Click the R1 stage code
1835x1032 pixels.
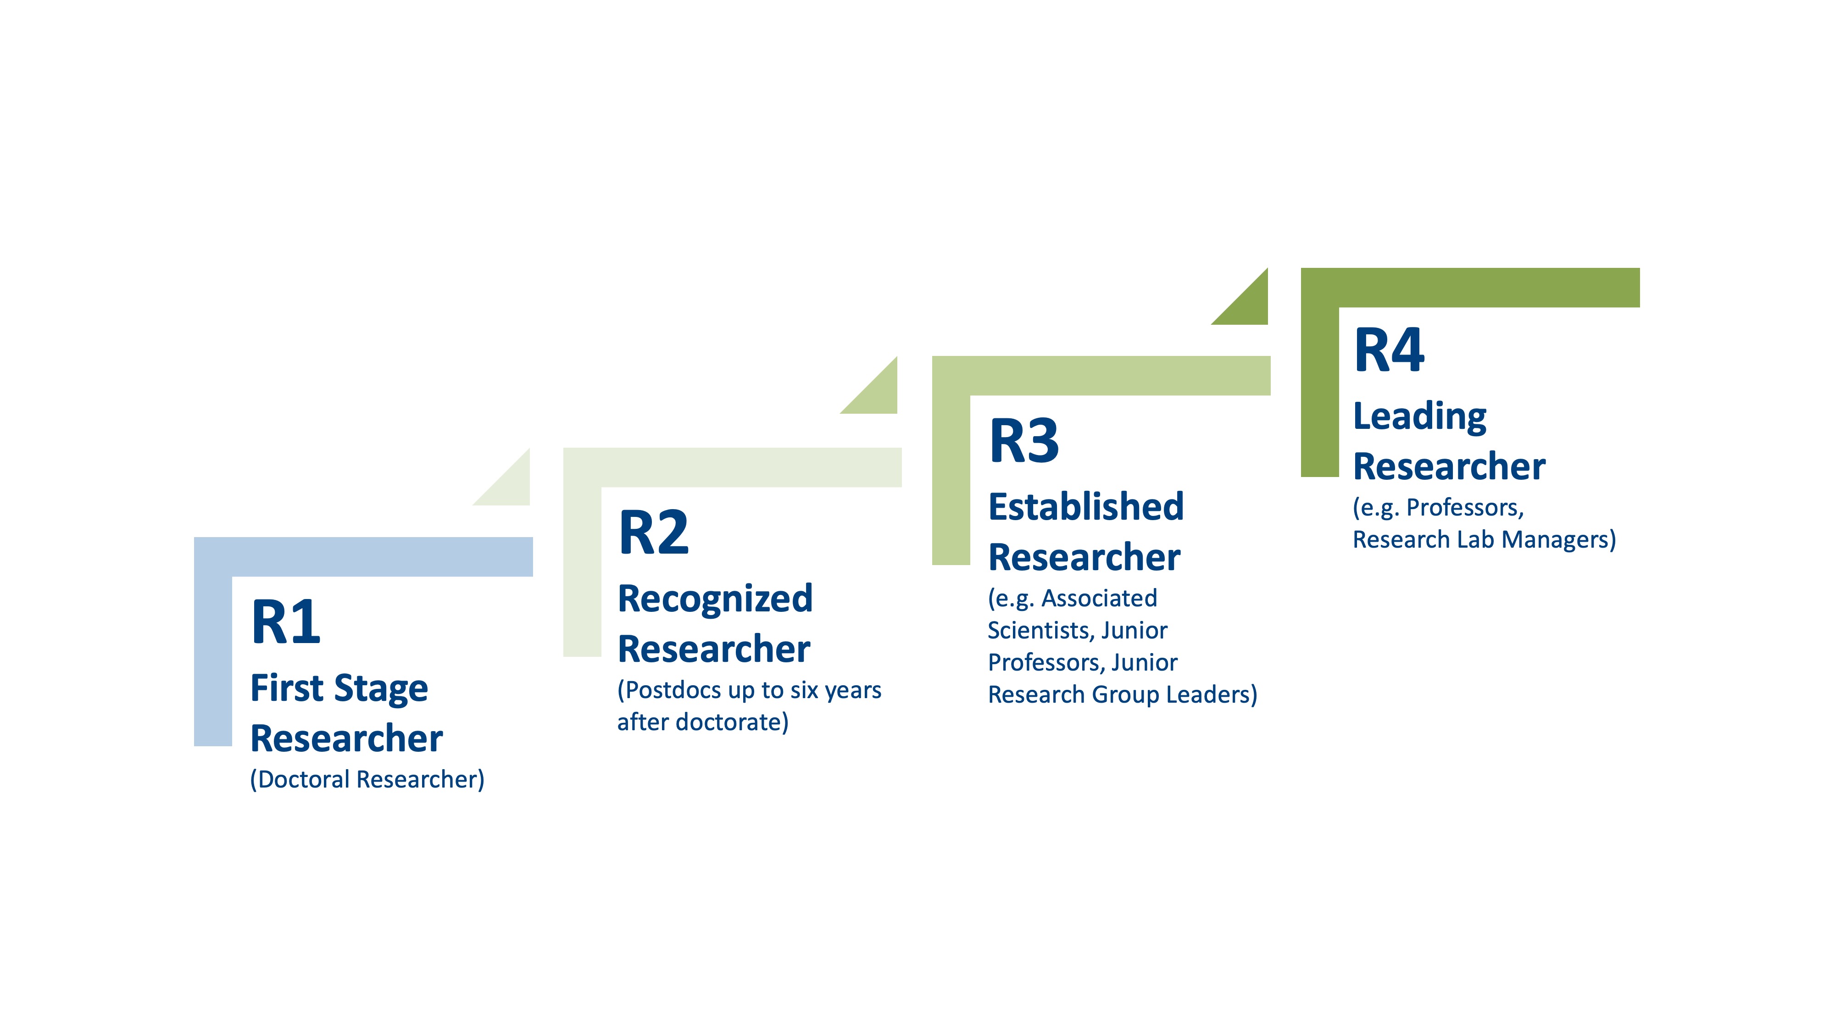click(x=286, y=622)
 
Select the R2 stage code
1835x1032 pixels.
click(x=654, y=532)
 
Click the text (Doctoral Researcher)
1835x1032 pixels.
click(x=367, y=779)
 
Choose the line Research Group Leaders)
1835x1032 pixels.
click(x=1123, y=694)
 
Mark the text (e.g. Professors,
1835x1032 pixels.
click(x=1438, y=508)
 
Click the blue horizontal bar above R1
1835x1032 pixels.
click(x=363, y=557)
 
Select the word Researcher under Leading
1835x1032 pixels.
click(x=1449, y=466)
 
